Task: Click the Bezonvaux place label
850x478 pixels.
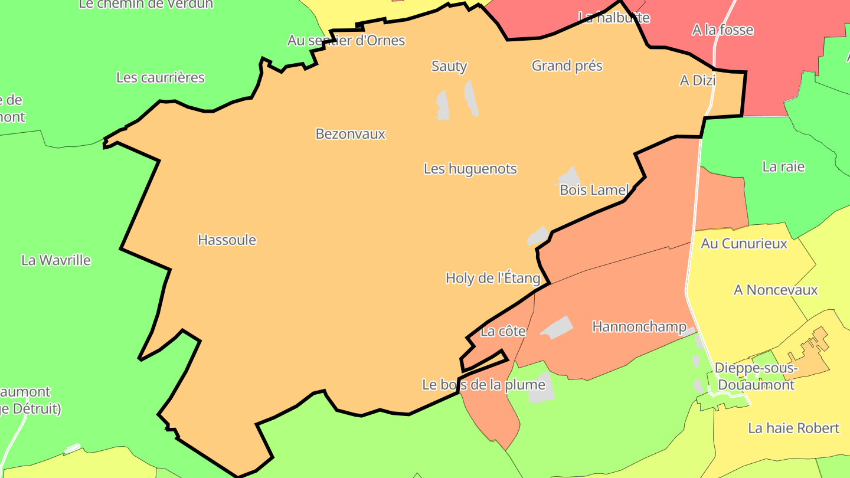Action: pyautogui.click(x=350, y=134)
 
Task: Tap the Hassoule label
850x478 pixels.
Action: pyautogui.click(x=227, y=240)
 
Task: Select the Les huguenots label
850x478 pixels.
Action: pyautogui.click(x=470, y=169)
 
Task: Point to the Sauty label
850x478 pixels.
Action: pyautogui.click(x=449, y=66)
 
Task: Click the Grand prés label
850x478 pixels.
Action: pyautogui.click(x=567, y=66)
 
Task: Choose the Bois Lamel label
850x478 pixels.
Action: pyautogui.click(x=594, y=190)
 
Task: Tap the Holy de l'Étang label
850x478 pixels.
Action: pyautogui.click(x=492, y=278)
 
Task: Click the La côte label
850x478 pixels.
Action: pyautogui.click(x=503, y=332)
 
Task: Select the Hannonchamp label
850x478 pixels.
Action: pyautogui.click(x=639, y=326)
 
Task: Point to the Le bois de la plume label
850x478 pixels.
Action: pyautogui.click(x=483, y=385)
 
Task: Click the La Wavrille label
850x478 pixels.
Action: pyautogui.click(x=56, y=260)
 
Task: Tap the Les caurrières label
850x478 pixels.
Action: pyautogui.click(x=160, y=77)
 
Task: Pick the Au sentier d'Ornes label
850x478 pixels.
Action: pyautogui.click(x=346, y=41)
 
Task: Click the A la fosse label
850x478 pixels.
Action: pyautogui.click(x=722, y=30)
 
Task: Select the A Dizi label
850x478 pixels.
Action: pyautogui.click(x=698, y=80)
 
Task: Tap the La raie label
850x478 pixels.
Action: pyautogui.click(x=783, y=166)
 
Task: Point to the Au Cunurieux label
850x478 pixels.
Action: pyautogui.click(x=744, y=243)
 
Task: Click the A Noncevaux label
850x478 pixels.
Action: pyautogui.click(x=776, y=290)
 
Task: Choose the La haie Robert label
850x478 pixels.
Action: pyautogui.click(x=793, y=428)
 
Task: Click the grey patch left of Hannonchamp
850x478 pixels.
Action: pyautogui.click(x=556, y=328)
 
